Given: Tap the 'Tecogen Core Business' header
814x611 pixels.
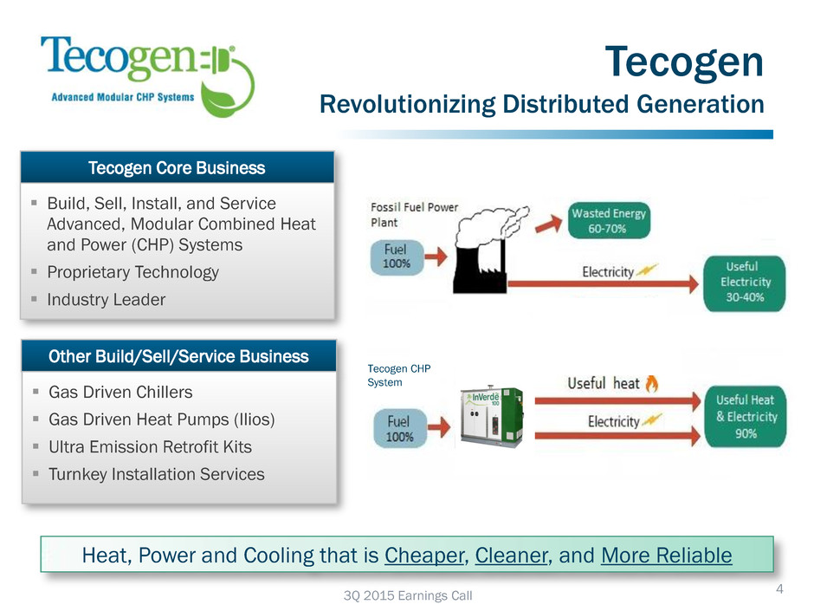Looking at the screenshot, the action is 177,168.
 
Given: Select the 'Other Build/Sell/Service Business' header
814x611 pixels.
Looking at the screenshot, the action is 178,356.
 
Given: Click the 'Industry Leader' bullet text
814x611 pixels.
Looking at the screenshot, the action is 107,300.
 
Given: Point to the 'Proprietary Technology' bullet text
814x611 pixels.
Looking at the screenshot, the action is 132,272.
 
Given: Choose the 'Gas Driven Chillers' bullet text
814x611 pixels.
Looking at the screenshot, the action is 120,393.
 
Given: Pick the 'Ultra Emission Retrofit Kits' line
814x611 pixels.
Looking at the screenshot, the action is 150,447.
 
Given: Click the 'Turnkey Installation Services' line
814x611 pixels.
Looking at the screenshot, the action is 156,474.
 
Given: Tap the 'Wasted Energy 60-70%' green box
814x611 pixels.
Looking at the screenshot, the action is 609,221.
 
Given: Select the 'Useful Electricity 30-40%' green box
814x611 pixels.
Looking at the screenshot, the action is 745,283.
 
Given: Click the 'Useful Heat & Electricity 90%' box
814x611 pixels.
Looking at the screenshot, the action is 746,416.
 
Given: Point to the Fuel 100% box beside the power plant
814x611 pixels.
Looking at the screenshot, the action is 397,257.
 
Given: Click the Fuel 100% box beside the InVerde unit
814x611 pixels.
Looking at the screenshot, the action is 400,429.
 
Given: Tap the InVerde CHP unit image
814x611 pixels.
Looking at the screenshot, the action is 492,416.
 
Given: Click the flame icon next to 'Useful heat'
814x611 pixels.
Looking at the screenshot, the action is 651,383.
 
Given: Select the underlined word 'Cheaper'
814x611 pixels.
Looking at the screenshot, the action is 424,556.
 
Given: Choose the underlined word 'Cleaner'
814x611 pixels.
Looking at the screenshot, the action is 511,556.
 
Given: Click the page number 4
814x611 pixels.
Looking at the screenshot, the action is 779,588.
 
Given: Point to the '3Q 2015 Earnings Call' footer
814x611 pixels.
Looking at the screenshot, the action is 408,595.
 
